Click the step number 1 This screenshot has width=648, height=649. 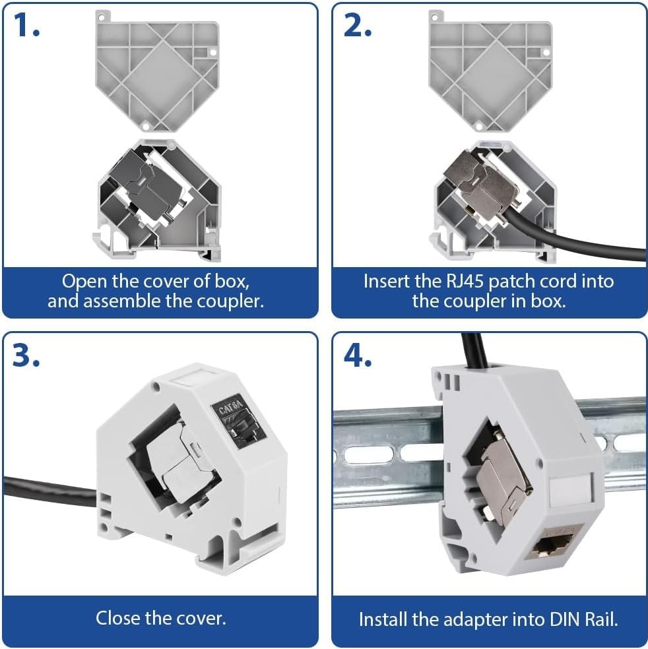click(x=26, y=25)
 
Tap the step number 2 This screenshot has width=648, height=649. click(x=358, y=25)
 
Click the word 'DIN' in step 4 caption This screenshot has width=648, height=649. click(x=566, y=619)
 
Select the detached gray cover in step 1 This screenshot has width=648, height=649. click(x=157, y=71)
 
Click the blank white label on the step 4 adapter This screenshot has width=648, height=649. click(x=571, y=491)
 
